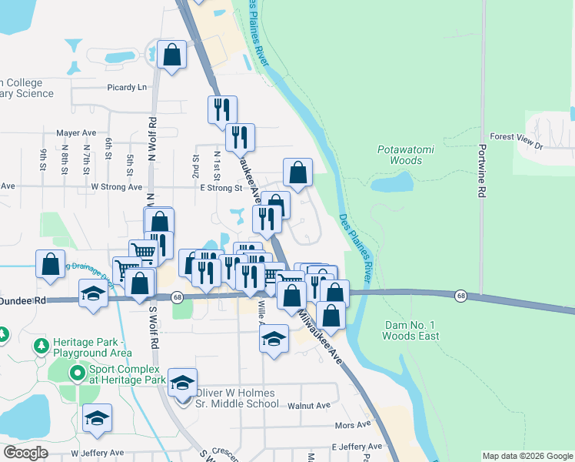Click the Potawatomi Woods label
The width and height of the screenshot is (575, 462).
click(x=400, y=155)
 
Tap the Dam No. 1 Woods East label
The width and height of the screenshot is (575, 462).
click(x=411, y=330)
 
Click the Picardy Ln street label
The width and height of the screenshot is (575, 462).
click(x=127, y=87)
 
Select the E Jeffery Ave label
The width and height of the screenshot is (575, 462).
click(x=357, y=447)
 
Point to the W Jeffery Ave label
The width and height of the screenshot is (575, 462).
click(x=97, y=453)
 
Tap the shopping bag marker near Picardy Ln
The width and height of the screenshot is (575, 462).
click(x=172, y=55)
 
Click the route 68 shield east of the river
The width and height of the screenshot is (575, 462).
click(x=460, y=296)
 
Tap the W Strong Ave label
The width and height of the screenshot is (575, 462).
click(x=117, y=186)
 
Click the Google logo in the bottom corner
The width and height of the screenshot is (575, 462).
click(x=25, y=453)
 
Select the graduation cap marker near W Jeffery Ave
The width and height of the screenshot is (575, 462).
click(x=98, y=418)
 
